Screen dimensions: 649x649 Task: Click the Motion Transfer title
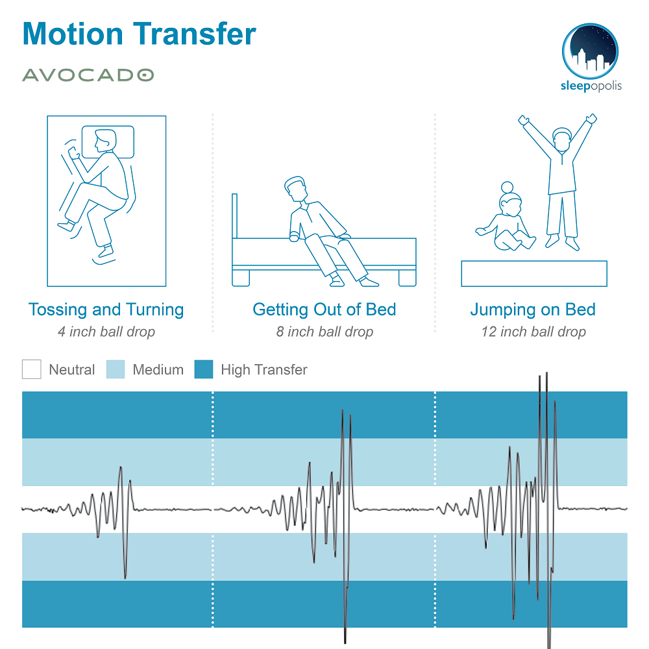click(x=140, y=34)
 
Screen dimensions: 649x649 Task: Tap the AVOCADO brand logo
click(x=88, y=75)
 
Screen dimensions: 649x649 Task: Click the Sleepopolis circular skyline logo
click(x=590, y=51)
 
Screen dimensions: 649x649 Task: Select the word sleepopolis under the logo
click(x=591, y=86)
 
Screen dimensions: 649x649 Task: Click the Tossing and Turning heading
click(x=106, y=310)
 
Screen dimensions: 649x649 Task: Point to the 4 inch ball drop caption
click(x=106, y=332)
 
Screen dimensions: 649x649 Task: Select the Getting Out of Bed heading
click(x=324, y=310)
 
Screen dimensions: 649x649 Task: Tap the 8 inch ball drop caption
click(x=325, y=332)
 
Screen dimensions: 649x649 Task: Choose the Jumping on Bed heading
click(x=533, y=310)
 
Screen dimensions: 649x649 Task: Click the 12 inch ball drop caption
click(x=533, y=332)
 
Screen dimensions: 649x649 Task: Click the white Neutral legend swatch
click(x=31, y=369)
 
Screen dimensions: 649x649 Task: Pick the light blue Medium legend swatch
click(x=116, y=369)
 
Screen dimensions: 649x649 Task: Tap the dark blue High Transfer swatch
click(x=204, y=369)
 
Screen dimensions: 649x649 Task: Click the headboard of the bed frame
click(x=235, y=216)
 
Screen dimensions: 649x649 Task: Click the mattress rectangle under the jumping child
click(x=534, y=274)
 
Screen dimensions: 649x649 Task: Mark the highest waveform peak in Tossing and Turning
click(x=121, y=467)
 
